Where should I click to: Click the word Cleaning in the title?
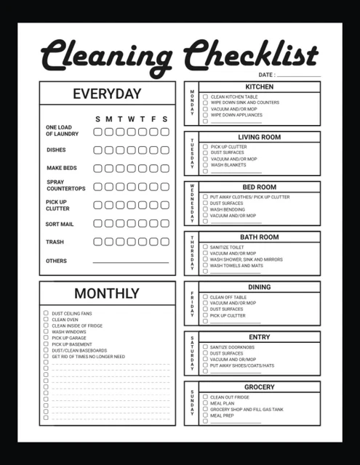pos(106,56)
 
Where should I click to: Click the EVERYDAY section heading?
pos(107,94)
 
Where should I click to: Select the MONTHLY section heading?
pos(107,294)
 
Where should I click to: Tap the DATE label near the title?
pos(265,75)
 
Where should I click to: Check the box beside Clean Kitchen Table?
pos(205,97)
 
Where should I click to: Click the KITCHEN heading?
pos(259,86)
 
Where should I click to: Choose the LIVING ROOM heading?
pos(259,137)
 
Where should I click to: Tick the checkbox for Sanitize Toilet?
pos(205,247)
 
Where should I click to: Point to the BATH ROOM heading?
pos(259,237)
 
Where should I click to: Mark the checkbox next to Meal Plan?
pos(205,403)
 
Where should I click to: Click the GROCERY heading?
pos(259,387)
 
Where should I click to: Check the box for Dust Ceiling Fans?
pos(46,313)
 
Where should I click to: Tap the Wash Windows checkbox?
pos(46,332)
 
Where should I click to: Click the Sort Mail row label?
pos(60,225)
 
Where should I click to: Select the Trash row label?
pos(55,242)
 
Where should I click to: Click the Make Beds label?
pos(61,168)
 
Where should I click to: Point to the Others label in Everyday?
pos(56,261)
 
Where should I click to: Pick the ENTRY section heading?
pos(259,337)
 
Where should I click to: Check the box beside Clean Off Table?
pos(205,297)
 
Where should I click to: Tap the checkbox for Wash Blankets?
pos(205,165)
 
